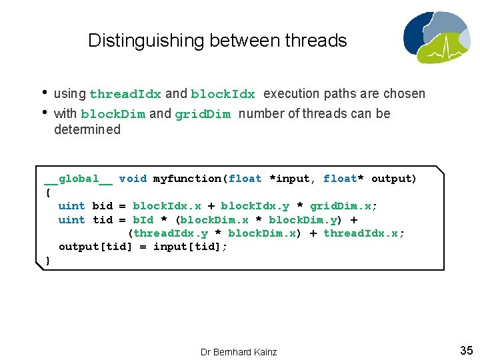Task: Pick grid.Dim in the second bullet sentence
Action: pos(203,114)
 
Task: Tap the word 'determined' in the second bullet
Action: pos(87,130)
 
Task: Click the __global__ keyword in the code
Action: pos(79,179)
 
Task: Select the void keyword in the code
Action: pos(133,179)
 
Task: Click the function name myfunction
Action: pos(189,179)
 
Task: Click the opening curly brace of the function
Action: pos(47,192)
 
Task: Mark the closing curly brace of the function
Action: pos(47,261)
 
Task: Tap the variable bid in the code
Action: pos(102,206)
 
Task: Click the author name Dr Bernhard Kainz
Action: pos(239,351)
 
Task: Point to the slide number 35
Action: pos(466,350)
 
